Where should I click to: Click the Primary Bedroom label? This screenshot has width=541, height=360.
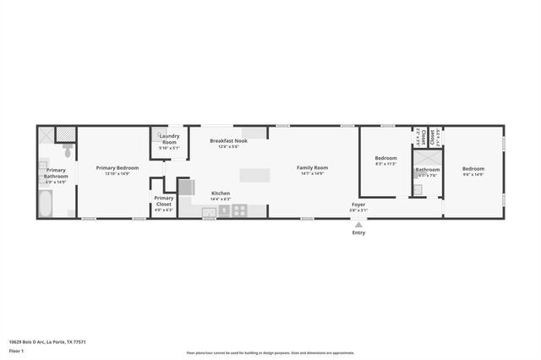click(x=117, y=167)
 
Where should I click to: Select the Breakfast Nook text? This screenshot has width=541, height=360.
click(x=228, y=140)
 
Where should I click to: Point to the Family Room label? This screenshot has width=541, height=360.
click(x=312, y=167)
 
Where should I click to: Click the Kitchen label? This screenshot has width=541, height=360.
click(x=221, y=193)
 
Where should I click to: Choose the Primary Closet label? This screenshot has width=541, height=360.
click(x=164, y=199)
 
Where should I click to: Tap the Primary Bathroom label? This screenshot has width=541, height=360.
click(x=55, y=172)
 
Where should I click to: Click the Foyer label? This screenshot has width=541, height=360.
click(x=359, y=205)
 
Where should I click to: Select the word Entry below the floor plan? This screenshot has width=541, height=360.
click(x=359, y=232)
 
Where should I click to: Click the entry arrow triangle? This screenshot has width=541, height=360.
click(x=359, y=224)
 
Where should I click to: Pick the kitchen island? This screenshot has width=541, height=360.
click(x=254, y=175)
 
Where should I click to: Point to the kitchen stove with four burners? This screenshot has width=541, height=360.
click(x=240, y=210)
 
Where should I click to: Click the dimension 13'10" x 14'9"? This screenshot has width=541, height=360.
click(x=117, y=173)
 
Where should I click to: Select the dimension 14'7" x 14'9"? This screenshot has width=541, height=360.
click(x=312, y=173)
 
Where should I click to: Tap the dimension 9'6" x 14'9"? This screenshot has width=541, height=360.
click(x=473, y=174)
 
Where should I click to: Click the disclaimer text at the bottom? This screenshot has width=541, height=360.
click(x=270, y=353)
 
